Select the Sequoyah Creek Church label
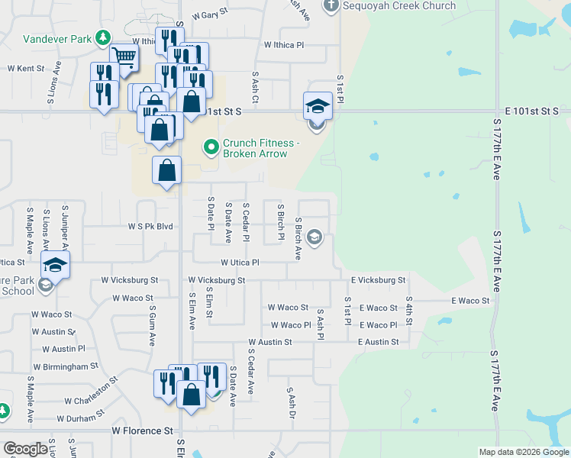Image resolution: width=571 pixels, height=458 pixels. (x=398, y=6)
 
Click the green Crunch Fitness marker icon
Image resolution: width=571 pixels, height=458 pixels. (x=211, y=146)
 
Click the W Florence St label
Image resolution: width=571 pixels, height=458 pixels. (x=142, y=431)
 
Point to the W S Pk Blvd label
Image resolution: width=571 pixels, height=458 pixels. (x=150, y=227)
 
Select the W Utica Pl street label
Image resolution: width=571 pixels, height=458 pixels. (x=234, y=262)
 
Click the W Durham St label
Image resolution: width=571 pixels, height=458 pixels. (x=80, y=417)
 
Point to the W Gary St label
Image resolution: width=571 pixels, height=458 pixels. (x=211, y=15)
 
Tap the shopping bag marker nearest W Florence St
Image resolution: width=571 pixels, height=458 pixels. (x=191, y=395)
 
